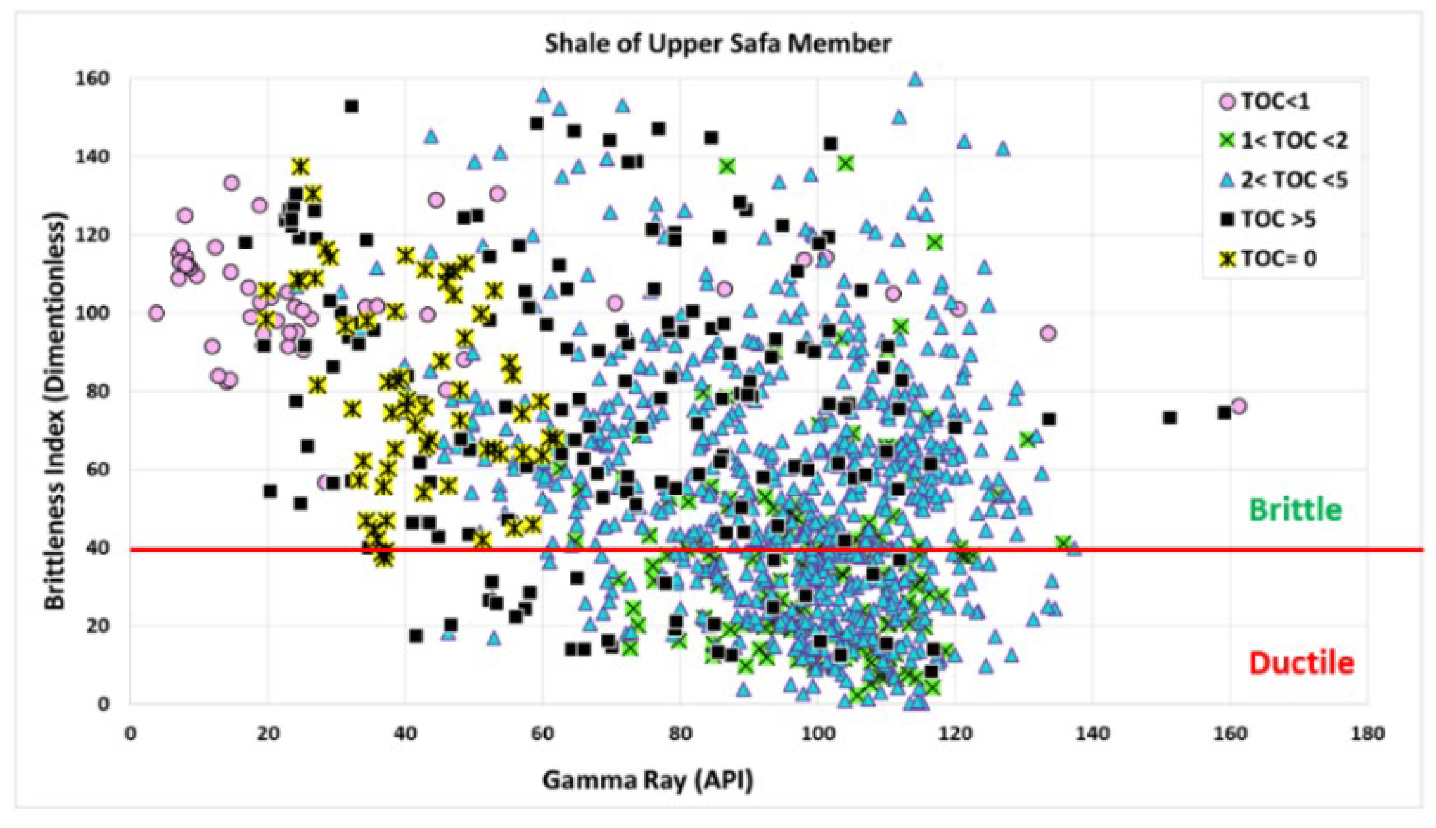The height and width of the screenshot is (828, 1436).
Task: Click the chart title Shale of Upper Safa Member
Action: [x=717, y=44]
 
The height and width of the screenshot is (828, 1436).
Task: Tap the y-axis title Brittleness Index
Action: [x=55, y=411]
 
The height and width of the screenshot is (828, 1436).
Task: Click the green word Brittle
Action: [x=1295, y=510]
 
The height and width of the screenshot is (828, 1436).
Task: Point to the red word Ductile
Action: [x=1301, y=663]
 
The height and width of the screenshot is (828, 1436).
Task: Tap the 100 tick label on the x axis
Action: [x=817, y=734]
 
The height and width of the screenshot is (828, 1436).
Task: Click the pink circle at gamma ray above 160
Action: [x=1239, y=406]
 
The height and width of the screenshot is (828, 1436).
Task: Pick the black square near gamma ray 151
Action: [x=1169, y=417]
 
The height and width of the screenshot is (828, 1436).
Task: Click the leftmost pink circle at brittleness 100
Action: [x=156, y=313]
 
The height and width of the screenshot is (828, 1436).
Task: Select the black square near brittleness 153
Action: [x=352, y=106]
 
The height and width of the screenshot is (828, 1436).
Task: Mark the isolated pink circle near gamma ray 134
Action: [x=1048, y=333]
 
